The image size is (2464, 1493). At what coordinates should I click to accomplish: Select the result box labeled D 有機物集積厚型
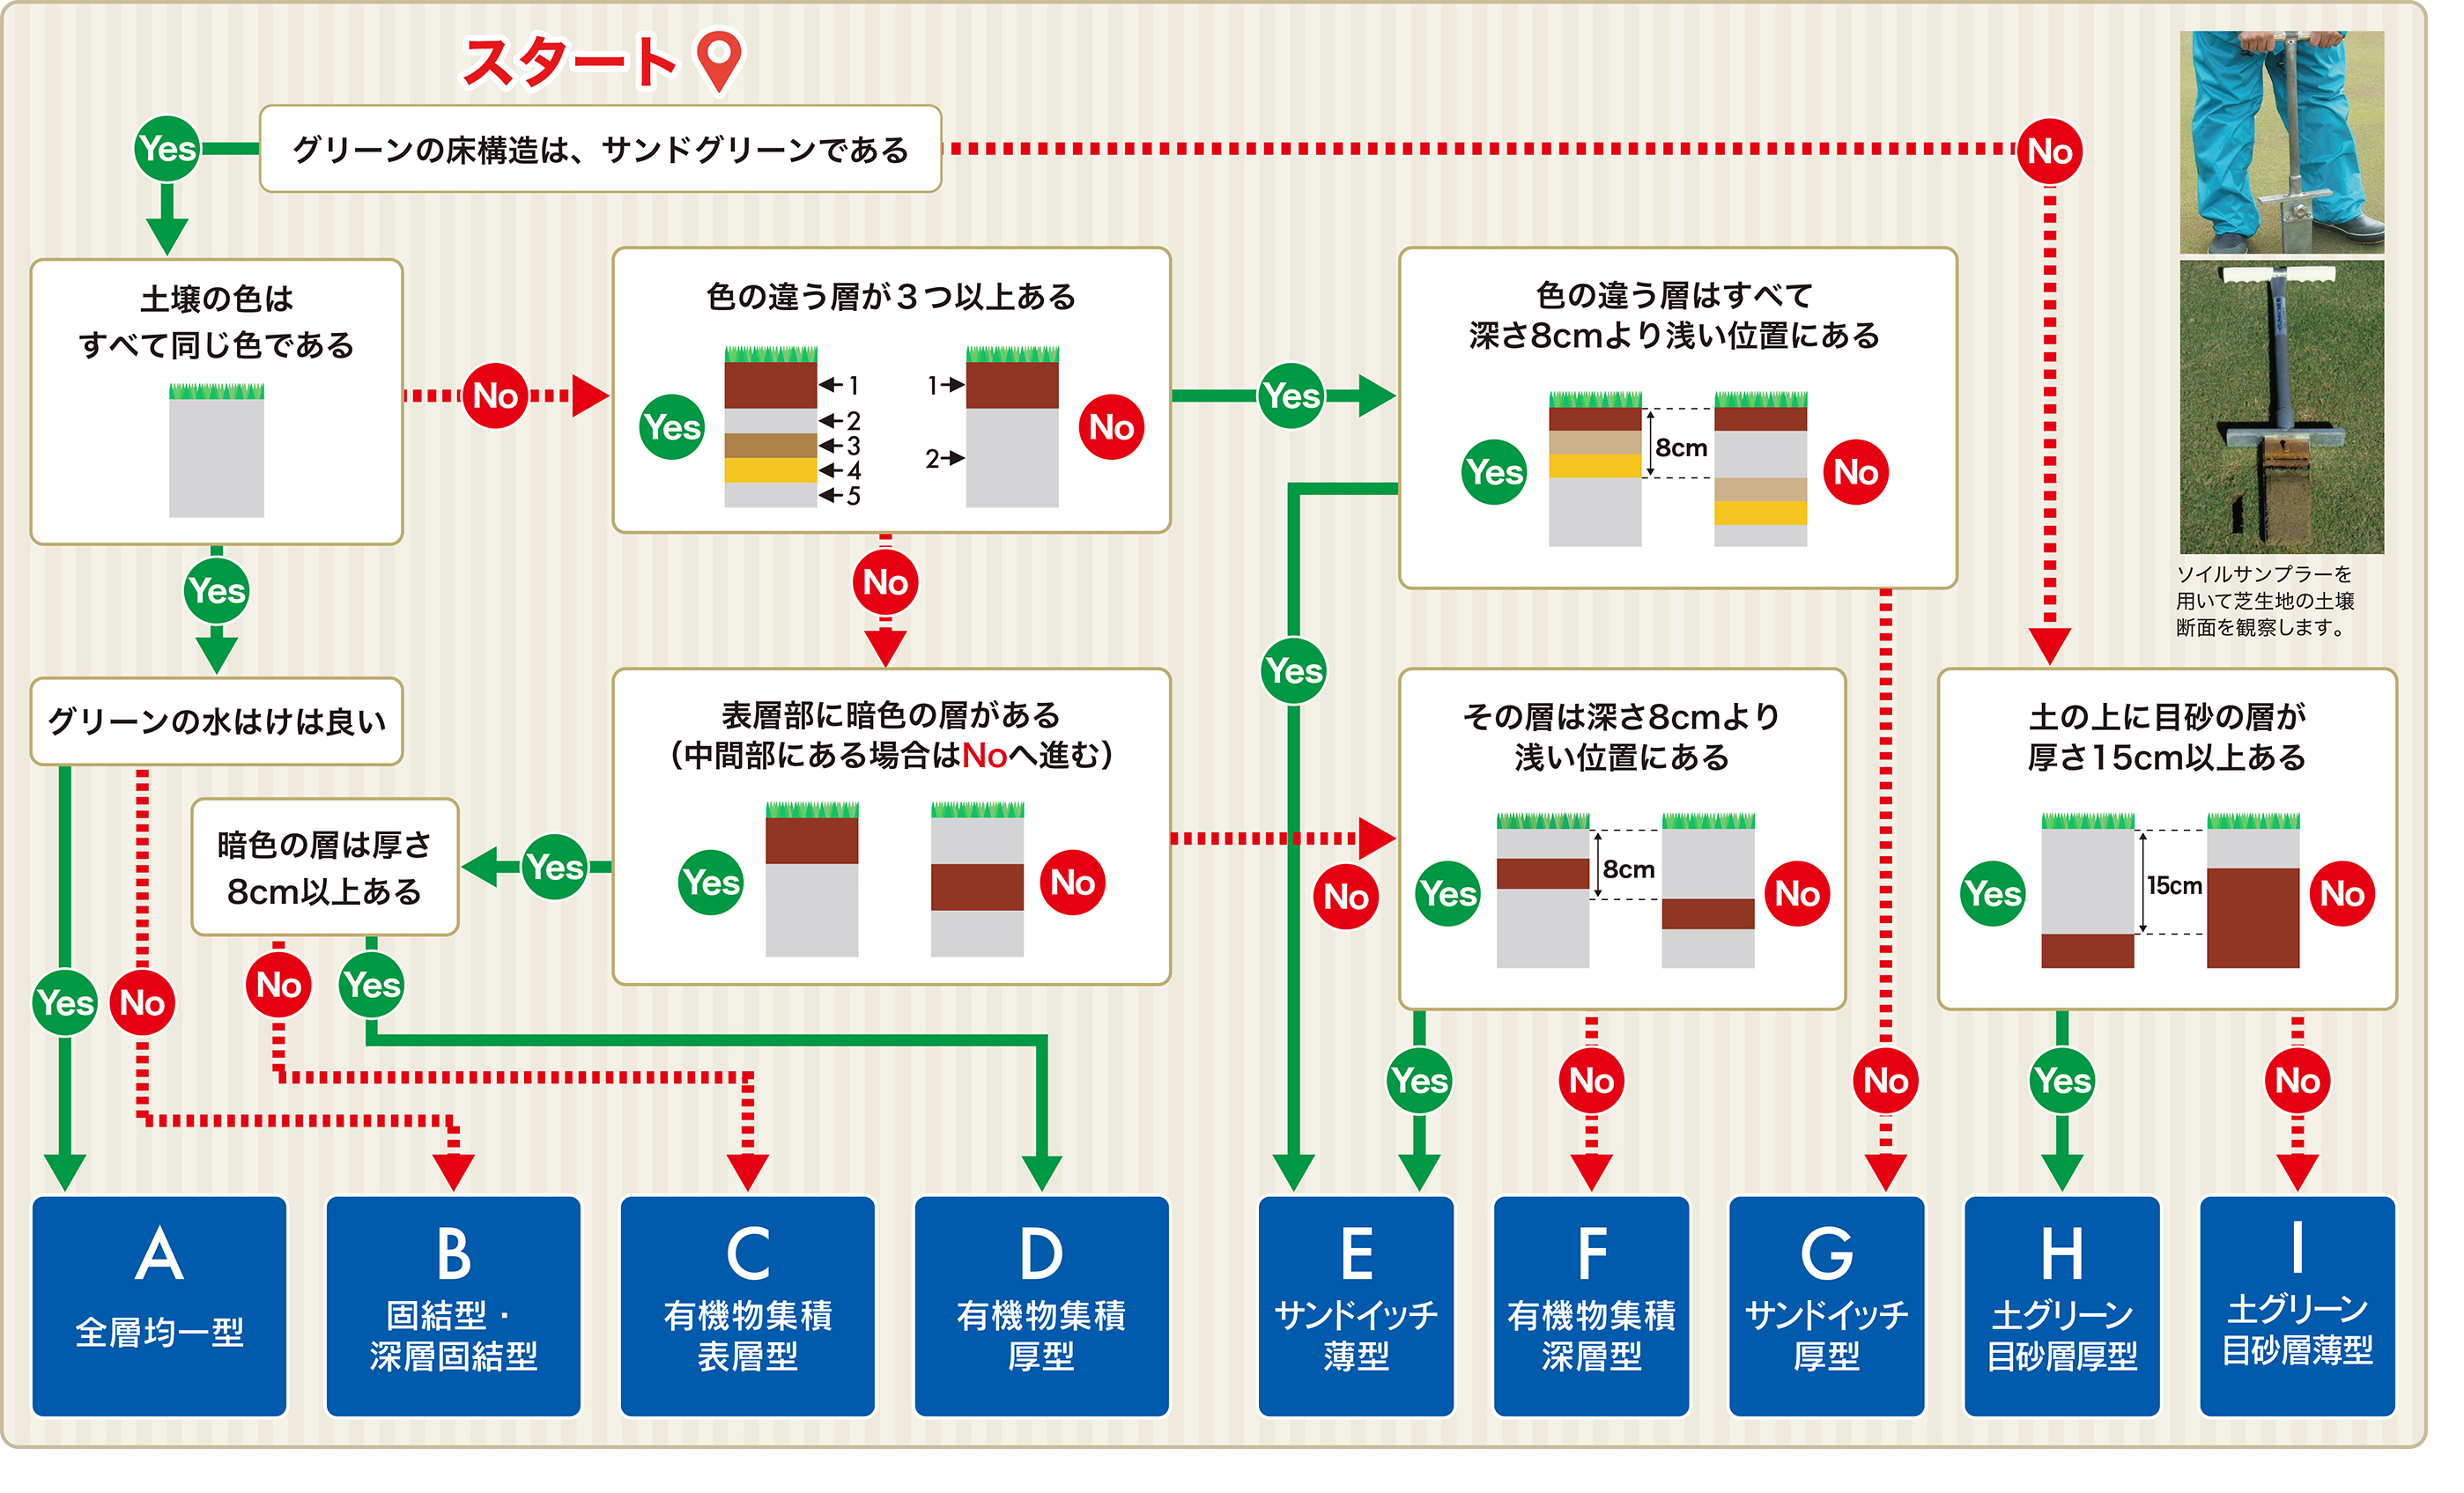pyautogui.click(x=1041, y=1305)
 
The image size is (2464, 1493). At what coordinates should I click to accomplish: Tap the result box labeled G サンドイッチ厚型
pyautogui.click(x=1826, y=1305)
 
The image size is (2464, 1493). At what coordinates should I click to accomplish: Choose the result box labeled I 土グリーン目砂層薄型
pyautogui.click(x=2297, y=1305)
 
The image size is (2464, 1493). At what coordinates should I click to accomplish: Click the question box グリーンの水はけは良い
pyautogui.click(x=216, y=721)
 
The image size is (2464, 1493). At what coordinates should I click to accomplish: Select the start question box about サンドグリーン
pyautogui.click(x=600, y=149)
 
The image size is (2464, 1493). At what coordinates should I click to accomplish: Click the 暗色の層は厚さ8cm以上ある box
pyautogui.click(x=324, y=867)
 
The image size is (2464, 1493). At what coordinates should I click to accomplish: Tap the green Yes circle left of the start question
pyautogui.click(x=167, y=149)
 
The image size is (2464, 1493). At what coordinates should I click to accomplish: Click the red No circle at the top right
pyautogui.click(x=2049, y=151)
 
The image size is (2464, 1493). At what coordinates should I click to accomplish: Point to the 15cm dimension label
pyautogui.click(x=2174, y=885)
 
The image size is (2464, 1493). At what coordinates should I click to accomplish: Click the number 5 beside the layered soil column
pyautogui.click(x=853, y=496)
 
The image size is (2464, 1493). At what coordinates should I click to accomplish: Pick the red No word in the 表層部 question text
pyautogui.click(x=984, y=756)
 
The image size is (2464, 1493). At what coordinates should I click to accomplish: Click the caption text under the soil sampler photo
pyautogui.click(x=2265, y=600)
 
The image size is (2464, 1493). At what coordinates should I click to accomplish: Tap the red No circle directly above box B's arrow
pyautogui.click(x=142, y=1002)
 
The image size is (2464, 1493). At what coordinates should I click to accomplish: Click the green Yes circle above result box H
pyautogui.click(x=2062, y=1080)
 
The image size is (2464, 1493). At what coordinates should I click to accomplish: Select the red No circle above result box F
pyautogui.click(x=1591, y=1080)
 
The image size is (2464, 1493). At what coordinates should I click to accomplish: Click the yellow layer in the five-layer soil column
pyautogui.click(x=770, y=470)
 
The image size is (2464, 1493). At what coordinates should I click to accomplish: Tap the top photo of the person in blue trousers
pyautogui.click(x=2281, y=141)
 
